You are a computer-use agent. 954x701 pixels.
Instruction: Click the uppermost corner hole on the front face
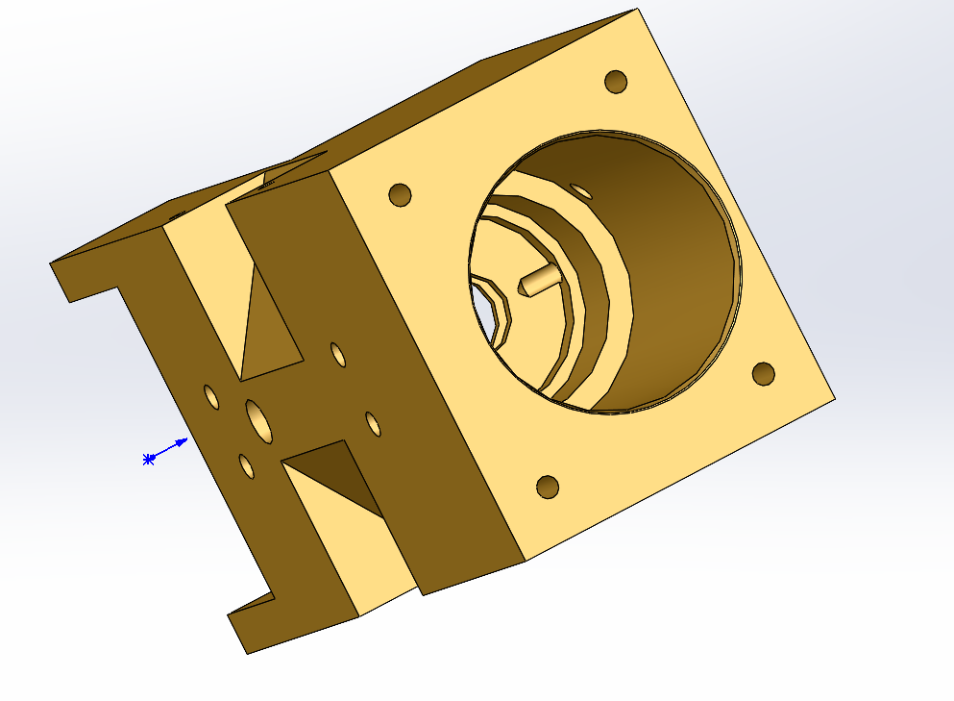(616, 82)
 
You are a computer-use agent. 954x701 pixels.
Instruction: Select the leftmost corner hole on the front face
(400, 195)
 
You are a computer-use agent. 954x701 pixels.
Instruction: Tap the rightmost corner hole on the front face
(764, 373)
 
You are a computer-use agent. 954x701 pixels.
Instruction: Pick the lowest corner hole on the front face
(548, 487)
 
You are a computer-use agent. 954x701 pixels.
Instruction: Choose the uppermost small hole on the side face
(338, 355)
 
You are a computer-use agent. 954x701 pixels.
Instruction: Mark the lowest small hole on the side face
(246, 466)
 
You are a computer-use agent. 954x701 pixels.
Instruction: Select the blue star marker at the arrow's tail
(148, 460)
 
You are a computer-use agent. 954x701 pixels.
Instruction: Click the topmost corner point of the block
(637, 10)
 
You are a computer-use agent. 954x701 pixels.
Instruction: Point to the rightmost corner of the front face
(835, 397)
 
